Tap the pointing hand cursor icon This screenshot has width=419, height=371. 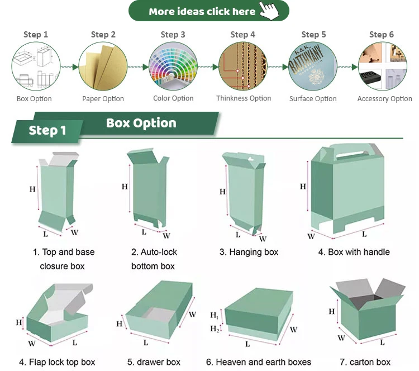pos(270,11)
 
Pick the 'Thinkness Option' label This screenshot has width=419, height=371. pos(244,98)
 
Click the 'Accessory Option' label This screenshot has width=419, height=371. pos(384,99)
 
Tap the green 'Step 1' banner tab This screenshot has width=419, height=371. pos(47,130)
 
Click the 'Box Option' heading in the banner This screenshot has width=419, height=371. pos(141,123)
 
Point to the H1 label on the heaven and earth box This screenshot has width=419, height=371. pos(215,316)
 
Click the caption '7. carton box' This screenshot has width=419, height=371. pos(365,362)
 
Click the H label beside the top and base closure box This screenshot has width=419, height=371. pos(32,189)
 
